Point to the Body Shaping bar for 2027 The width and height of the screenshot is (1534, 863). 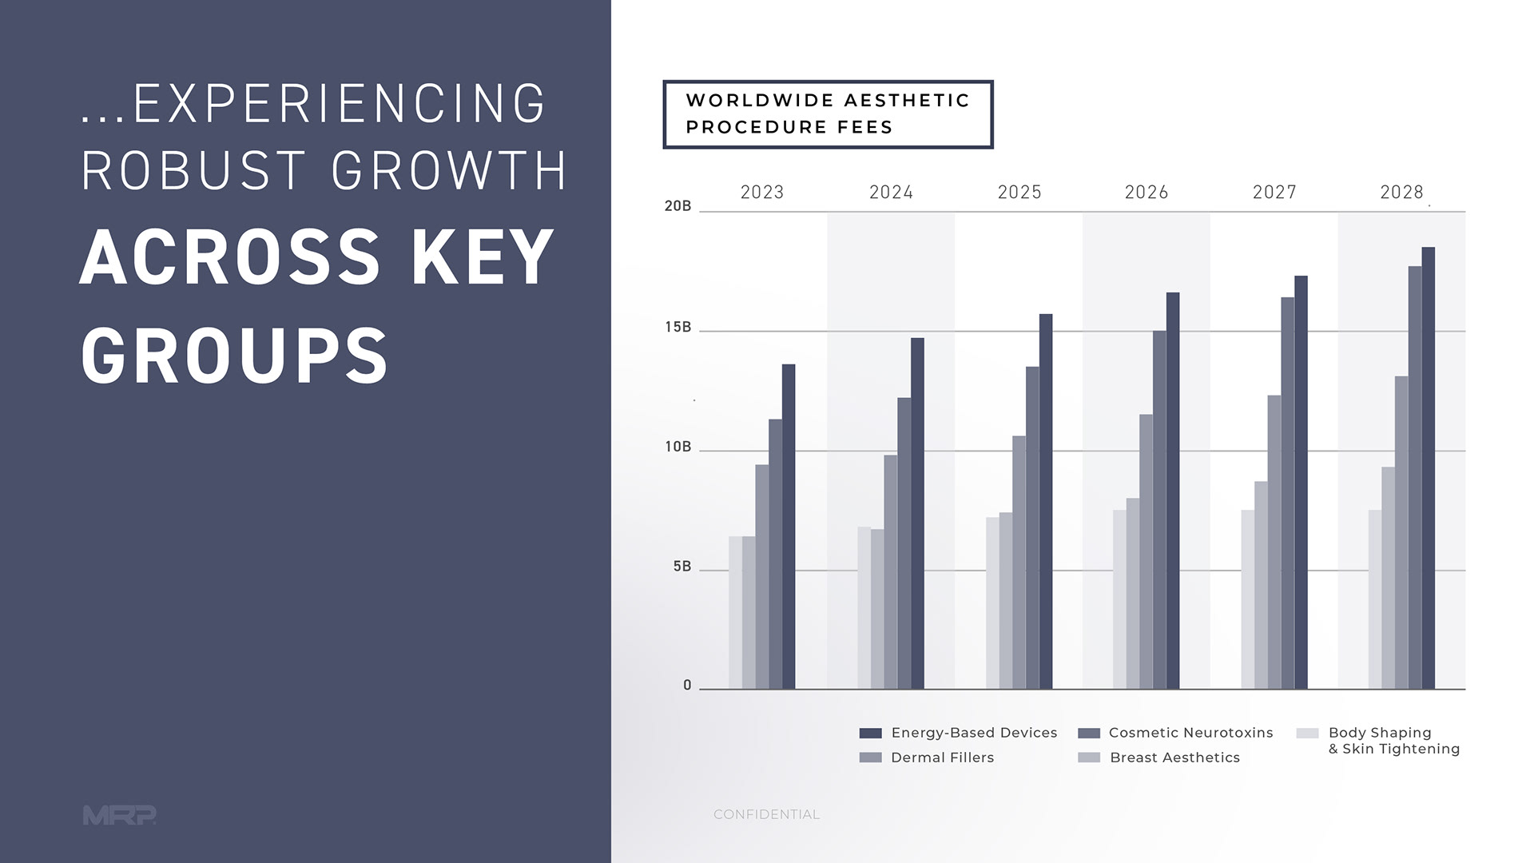[x=1247, y=599]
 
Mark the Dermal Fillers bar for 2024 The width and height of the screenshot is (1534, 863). [x=890, y=571]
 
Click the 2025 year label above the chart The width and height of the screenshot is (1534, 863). [x=1019, y=193]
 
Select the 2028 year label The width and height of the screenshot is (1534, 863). [x=1401, y=193]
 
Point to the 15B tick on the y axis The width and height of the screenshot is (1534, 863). [x=678, y=328]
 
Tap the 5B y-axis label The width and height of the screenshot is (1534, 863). [x=682, y=567]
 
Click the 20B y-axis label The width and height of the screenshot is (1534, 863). [x=678, y=206]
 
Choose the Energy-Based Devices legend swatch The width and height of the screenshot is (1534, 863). [x=870, y=734]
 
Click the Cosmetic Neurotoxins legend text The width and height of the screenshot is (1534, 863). [x=1190, y=733]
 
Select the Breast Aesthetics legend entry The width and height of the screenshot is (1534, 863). [x=1174, y=758]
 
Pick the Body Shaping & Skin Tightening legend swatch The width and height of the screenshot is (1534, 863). [x=1307, y=734]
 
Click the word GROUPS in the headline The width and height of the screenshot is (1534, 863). [x=234, y=356]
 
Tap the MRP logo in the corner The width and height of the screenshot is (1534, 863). [x=119, y=815]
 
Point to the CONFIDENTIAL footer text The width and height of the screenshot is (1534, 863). [x=766, y=814]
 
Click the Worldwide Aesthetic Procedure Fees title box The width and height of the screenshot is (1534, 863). [x=828, y=114]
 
